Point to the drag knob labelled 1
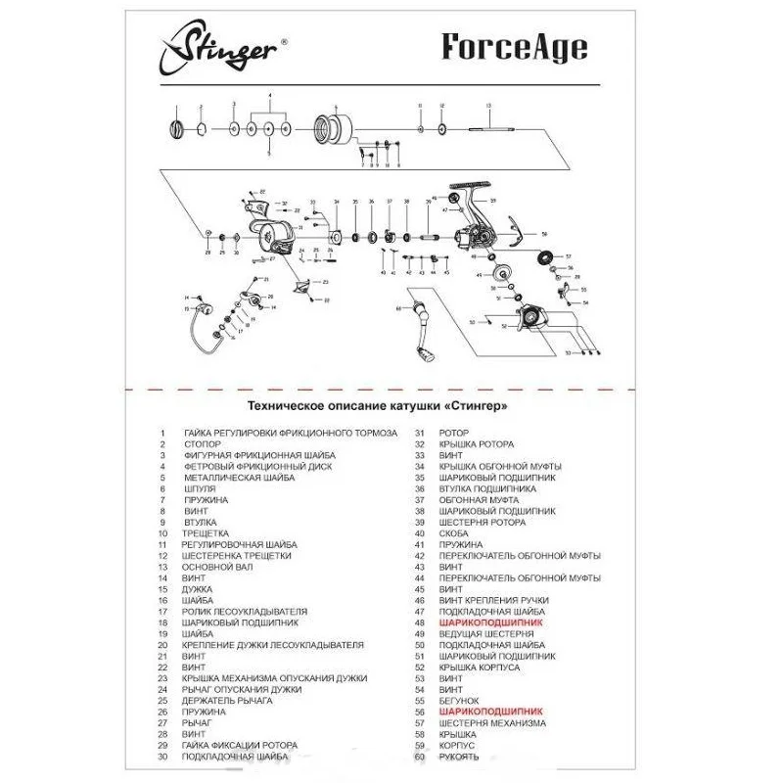[177, 128]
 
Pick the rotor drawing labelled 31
[274, 235]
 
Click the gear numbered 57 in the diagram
[545, 257]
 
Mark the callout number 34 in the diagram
[336, 202]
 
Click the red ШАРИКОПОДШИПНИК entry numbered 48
[490, 622]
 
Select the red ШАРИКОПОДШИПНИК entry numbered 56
[490, 713]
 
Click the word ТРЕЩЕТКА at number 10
[206, 533]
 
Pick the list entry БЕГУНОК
[459, 701]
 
